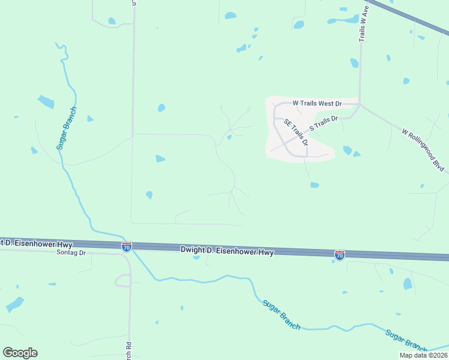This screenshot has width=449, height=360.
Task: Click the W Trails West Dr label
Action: point(317,103)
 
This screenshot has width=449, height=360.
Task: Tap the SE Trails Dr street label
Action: point(296,133)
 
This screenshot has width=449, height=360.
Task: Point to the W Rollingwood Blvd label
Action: point(422,149)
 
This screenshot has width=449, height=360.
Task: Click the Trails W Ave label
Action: point(363,24)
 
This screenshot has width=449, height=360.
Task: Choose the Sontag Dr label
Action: point(71,253)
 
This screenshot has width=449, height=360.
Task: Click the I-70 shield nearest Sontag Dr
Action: point(126,247)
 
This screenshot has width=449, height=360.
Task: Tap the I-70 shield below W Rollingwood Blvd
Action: point(340,255)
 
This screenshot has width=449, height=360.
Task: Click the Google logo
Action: point(20,353)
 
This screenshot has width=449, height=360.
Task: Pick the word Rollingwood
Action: point(420,147)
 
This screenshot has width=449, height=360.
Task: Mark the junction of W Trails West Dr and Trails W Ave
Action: point(360,104)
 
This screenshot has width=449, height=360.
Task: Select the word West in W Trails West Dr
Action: point(326,103)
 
